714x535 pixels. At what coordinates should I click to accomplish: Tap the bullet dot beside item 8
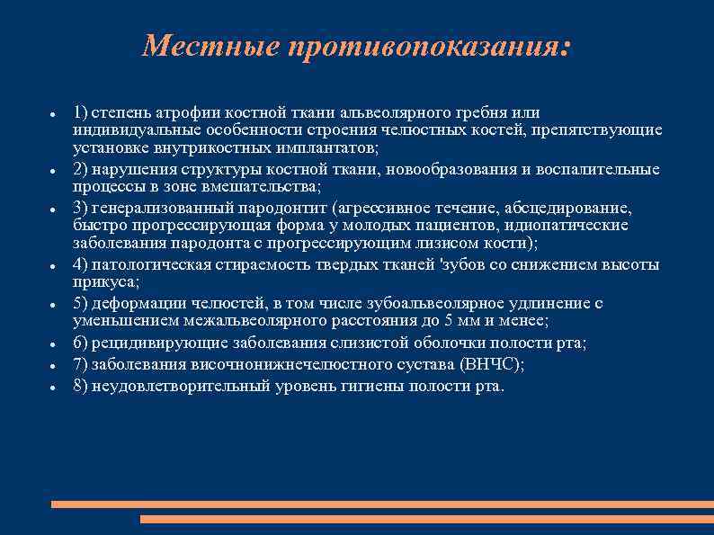click(x=55, y=388)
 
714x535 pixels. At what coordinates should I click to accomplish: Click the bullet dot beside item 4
click(x=55, y=266)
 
